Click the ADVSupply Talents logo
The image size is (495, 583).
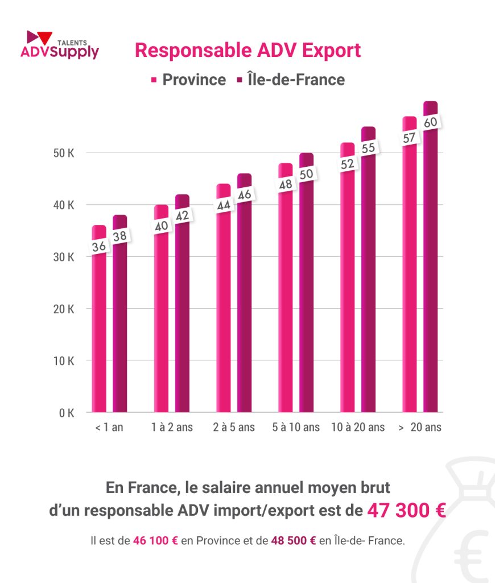(x=59, y=45)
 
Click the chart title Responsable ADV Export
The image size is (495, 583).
(x=247, y=50)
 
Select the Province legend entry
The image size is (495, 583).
(x=188, y=80)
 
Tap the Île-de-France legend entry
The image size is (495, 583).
(x=290, y=80)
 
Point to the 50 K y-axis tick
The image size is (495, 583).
(x=63, y=153)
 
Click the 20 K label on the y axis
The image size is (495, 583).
(x=63, y=309)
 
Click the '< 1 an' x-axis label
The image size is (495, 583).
(x=109, y=428)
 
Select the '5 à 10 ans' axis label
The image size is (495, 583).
(x=296, y=428)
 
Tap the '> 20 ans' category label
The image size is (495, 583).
(x=420, y=428)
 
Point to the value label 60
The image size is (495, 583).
(x=431, y=122)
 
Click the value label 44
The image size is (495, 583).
(x=224, y=205)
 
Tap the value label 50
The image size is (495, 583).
(x=307, y=174)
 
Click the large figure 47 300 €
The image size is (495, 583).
(x=406, y=511)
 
